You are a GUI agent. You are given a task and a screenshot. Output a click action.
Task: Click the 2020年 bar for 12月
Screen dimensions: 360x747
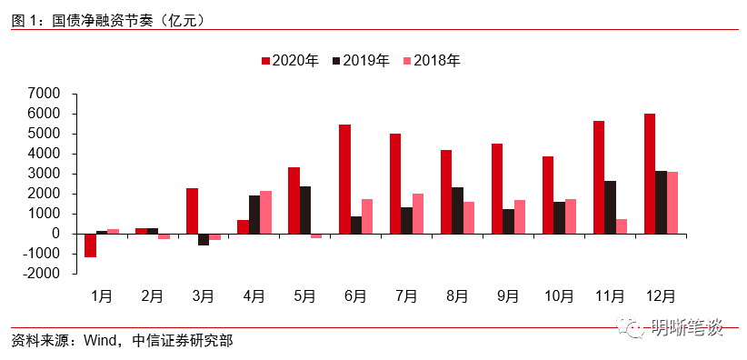pyautogui.click(x=650, y=174)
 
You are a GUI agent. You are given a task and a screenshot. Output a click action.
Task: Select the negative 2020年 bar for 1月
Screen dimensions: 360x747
pyautogui.click(x=90, y=245)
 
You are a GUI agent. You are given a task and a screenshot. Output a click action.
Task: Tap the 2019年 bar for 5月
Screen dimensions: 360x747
pyautogui.click(x=305, y=210)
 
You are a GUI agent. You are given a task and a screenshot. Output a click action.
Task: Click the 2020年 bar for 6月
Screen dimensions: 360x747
pyautogui.click(x=344, y=179)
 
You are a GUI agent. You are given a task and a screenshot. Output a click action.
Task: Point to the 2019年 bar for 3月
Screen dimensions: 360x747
pyautogui.click(x=204, y=239)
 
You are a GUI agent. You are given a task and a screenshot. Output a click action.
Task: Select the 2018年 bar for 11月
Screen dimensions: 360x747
pyautogui.click(x=622, y=226)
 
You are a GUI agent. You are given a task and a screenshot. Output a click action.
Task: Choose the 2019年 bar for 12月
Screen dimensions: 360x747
pyautogui.click(x=662, y=202)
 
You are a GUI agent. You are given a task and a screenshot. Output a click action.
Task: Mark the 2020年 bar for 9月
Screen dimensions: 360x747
pyautogui.click(x=497, y=188)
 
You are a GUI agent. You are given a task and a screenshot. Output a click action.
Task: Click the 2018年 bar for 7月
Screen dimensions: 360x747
pyautogui.click(x=418, y=214)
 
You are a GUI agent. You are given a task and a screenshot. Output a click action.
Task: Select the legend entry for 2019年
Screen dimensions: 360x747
pyautogui.click(x=361, y=61)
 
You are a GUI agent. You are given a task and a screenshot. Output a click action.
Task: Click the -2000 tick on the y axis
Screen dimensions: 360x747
pyautogui.click(x=42, y=274)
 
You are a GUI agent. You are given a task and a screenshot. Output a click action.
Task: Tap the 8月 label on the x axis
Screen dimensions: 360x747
pyautogui.click(x=457, y=295)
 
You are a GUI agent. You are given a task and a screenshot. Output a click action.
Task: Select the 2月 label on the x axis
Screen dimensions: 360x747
pyautogui.click(x=153, y=295)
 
